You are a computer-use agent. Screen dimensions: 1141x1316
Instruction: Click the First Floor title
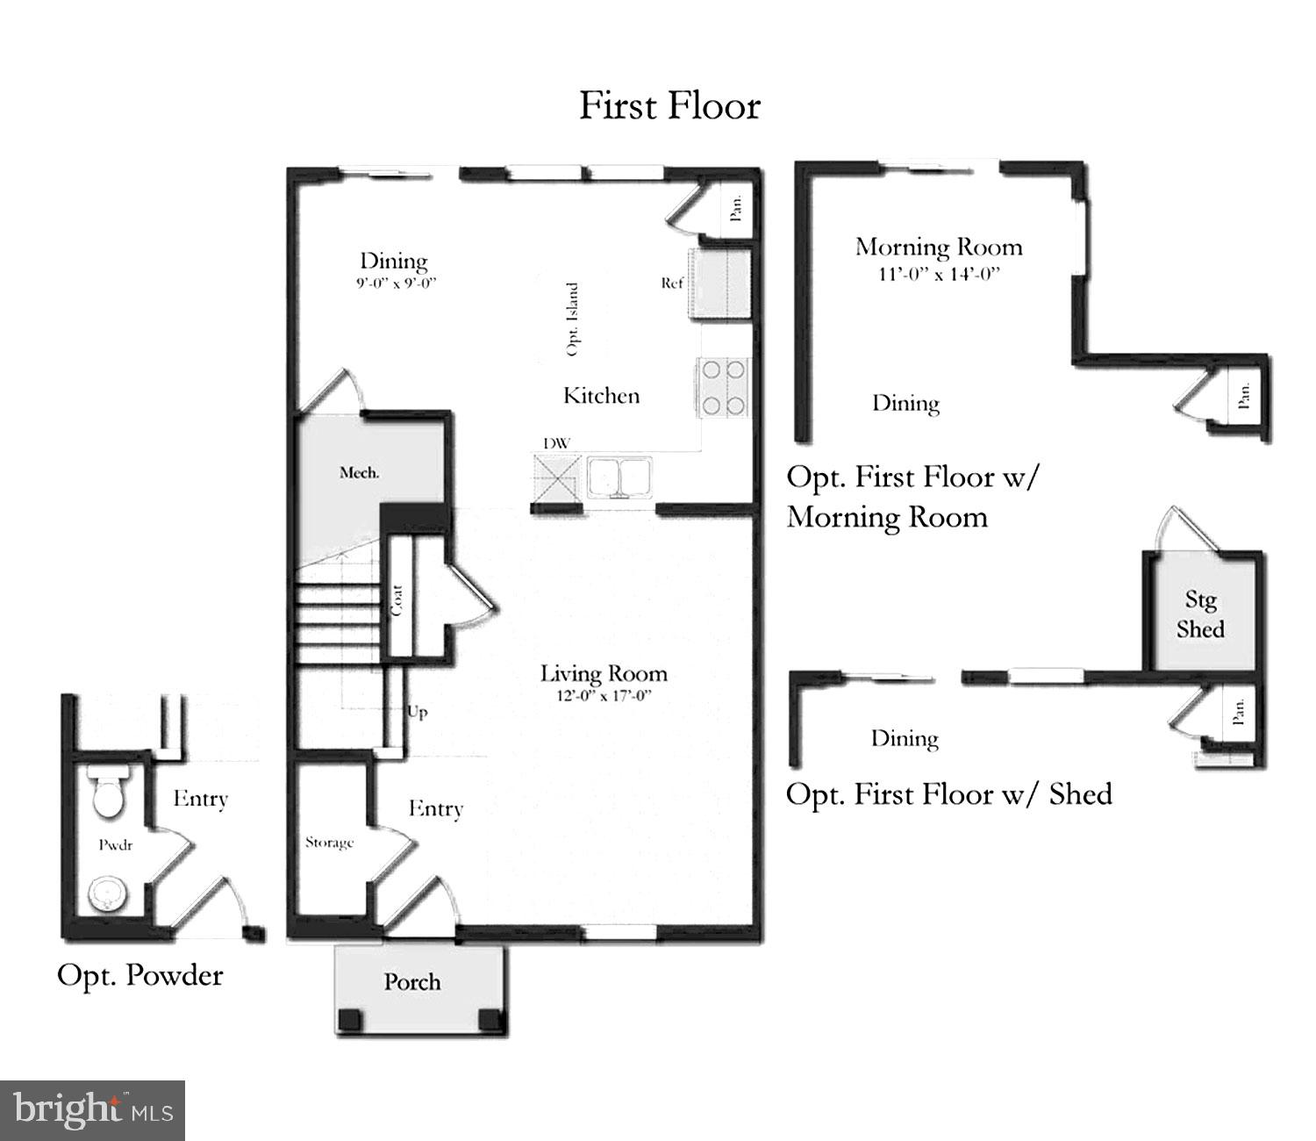pyautogui.click(x=669, y=106)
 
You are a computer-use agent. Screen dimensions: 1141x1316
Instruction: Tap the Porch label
pyautogui.click(x=412, y=981)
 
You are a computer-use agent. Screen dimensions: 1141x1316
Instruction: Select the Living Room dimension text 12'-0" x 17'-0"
pyautogui.click(x=603, y=697)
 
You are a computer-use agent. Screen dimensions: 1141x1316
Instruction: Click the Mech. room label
pyautogui.click(x=360, y=473)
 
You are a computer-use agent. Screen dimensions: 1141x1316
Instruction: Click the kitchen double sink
pyautogui.click(x=620, y=477)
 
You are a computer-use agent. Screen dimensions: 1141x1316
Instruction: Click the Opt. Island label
pyautogui.click(x=573, y=319)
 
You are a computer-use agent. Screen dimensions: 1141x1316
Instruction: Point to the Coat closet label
pyautogui.click(x=397, y=600)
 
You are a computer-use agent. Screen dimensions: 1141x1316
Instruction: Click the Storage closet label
pyautogui.click(x=329, y=843)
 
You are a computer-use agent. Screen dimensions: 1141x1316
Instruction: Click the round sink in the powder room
pyautogui.click(x=108, y=896)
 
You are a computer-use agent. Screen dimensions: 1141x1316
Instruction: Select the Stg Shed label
pyautogui.click(x=1200, y=614)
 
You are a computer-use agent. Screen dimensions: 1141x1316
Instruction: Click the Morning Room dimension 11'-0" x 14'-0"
pyautogui.click(x=939, y=274)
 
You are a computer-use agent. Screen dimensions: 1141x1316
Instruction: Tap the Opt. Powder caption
pyautogui.click(x=139, y=975)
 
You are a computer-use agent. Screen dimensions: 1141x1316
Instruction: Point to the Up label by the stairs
pyautogui.click(x=418, y=711)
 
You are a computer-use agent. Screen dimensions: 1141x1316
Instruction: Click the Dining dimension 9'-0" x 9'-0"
pyautogui.click(x=396, y=283)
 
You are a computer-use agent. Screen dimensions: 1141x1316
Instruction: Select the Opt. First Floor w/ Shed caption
pyautogui.click(x=949, y=794)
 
